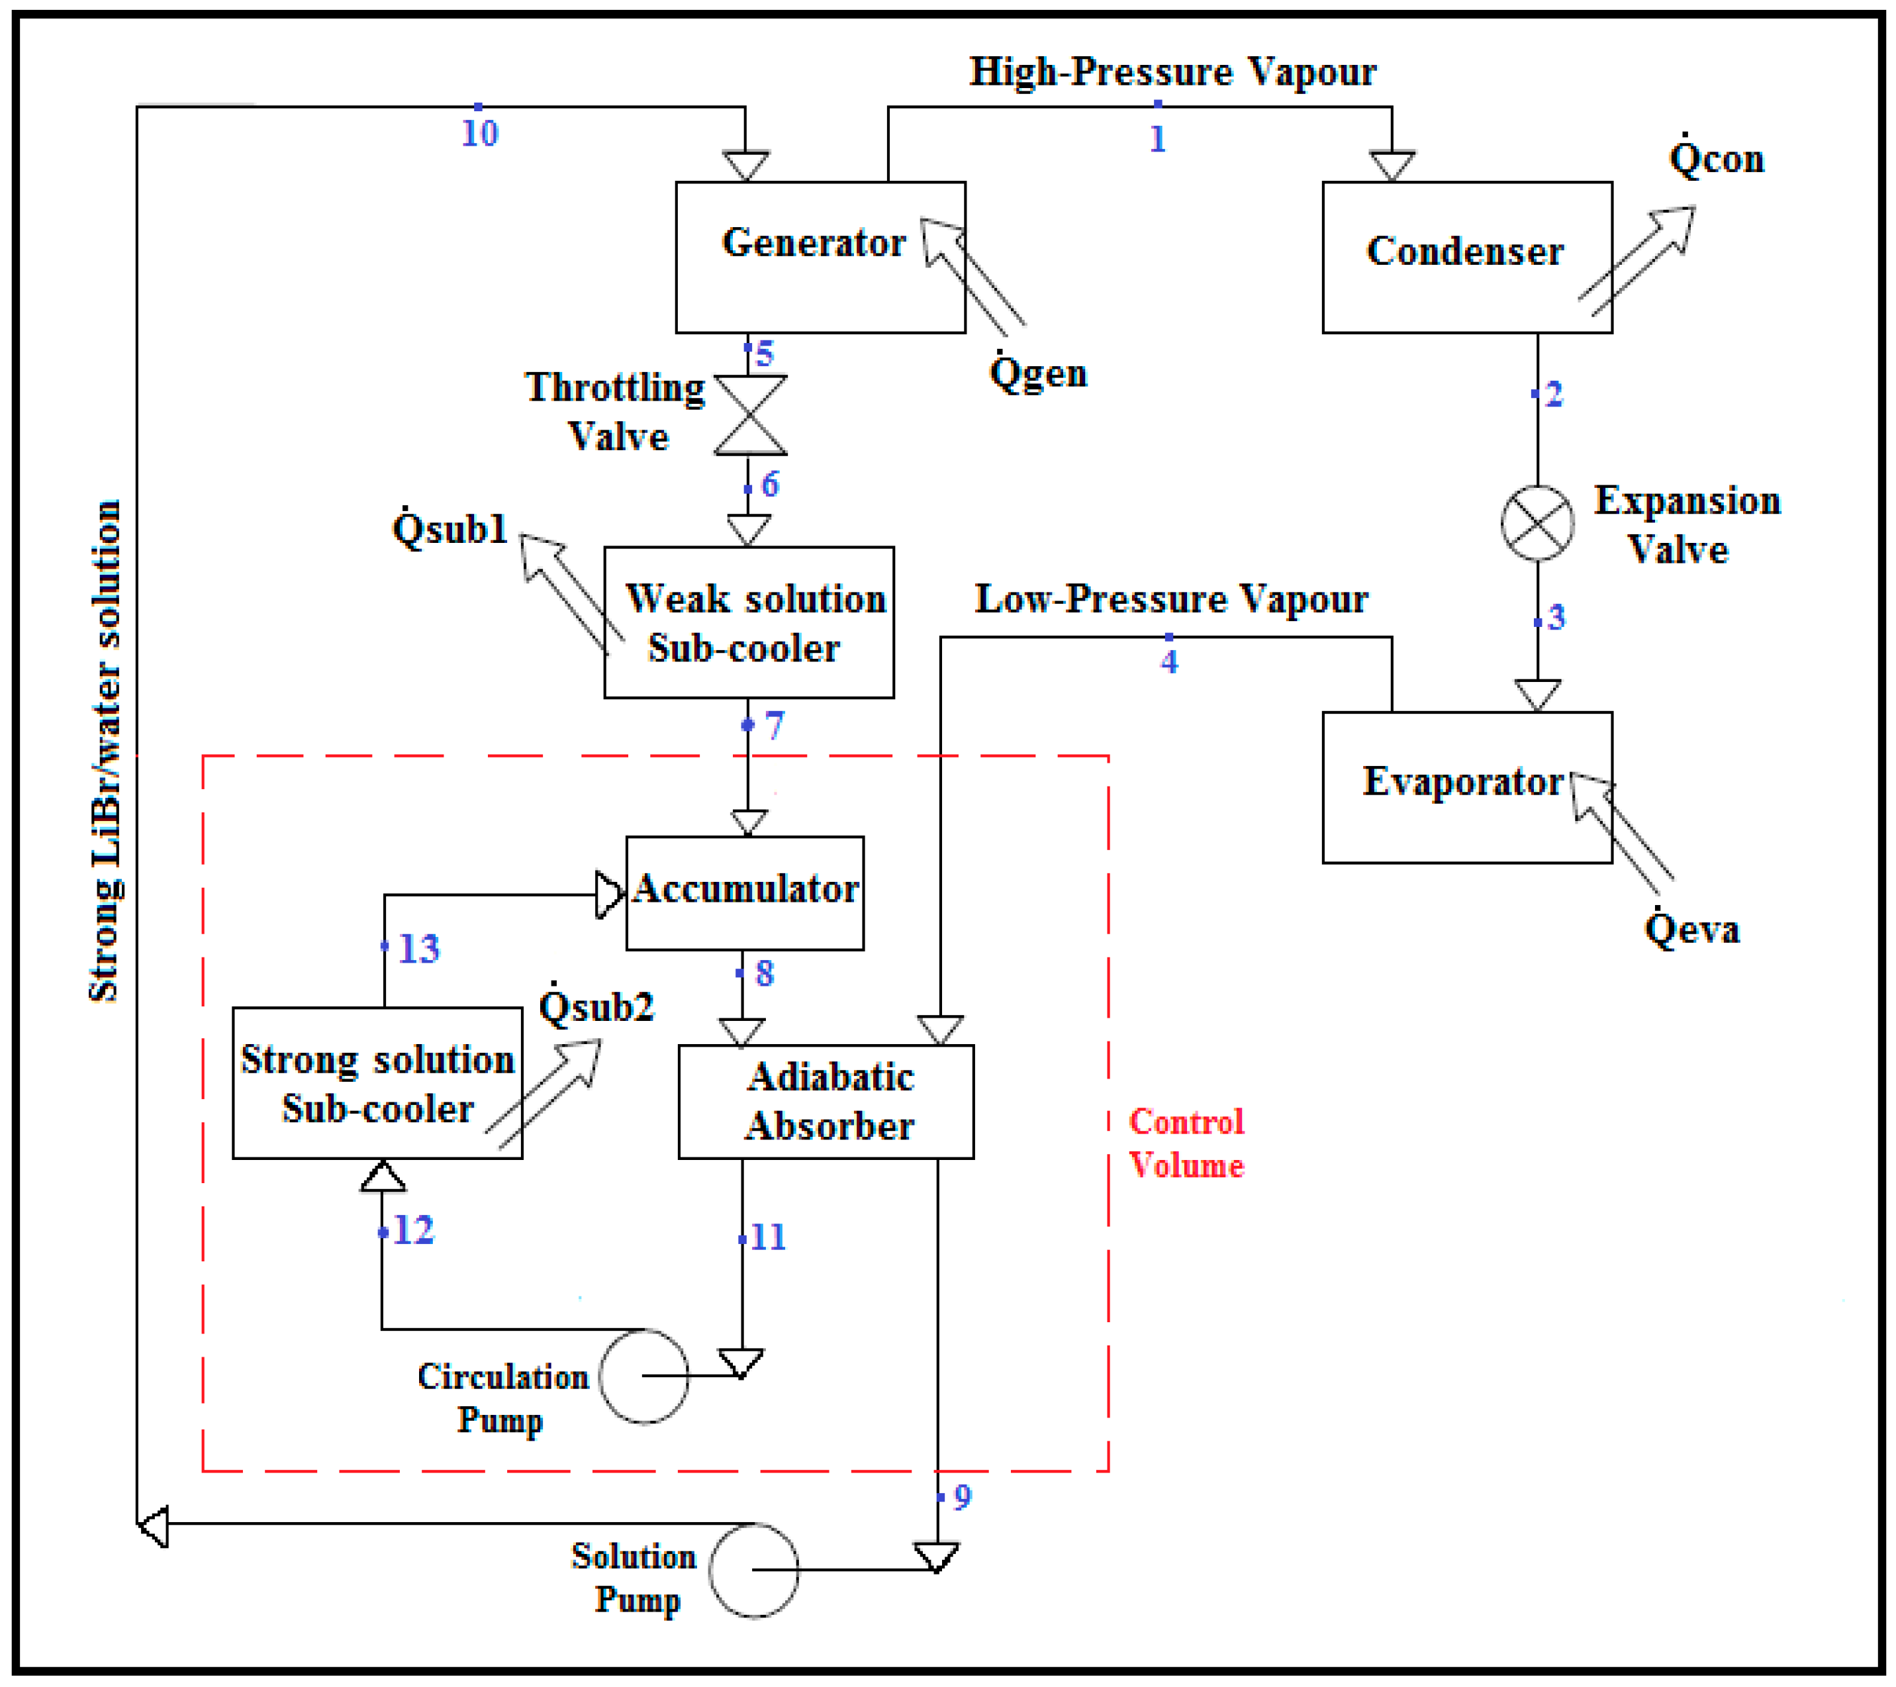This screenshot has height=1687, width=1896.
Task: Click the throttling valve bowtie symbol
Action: (751, 414)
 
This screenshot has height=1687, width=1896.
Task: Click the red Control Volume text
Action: (1186, 1143)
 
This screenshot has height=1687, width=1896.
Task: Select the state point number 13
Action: (418, 948)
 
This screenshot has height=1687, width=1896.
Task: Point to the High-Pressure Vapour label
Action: (1172, 72)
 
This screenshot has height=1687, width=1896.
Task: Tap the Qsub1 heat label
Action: (450, 527)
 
